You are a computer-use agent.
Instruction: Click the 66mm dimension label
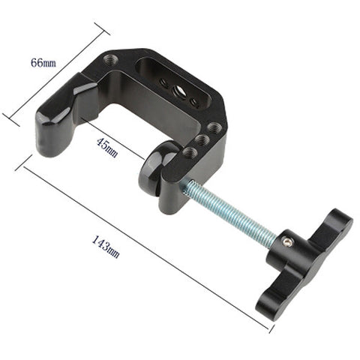pyautogui.click(x=43, y=62)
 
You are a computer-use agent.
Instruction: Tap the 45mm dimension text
pyautogui.click(x=107, y=148)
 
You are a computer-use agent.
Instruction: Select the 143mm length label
pyautogui.click(x=106, y=247)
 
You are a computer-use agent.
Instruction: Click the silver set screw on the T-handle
pyautogui.click(x=287, y=241)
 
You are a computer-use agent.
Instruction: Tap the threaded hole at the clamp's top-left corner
pyautogui.click(x=110, y=59)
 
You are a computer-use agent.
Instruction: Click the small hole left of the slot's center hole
pyautogui.click(x=163, y=82)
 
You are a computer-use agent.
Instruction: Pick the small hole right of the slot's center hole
pyautogui.click(x=194, y=102)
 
